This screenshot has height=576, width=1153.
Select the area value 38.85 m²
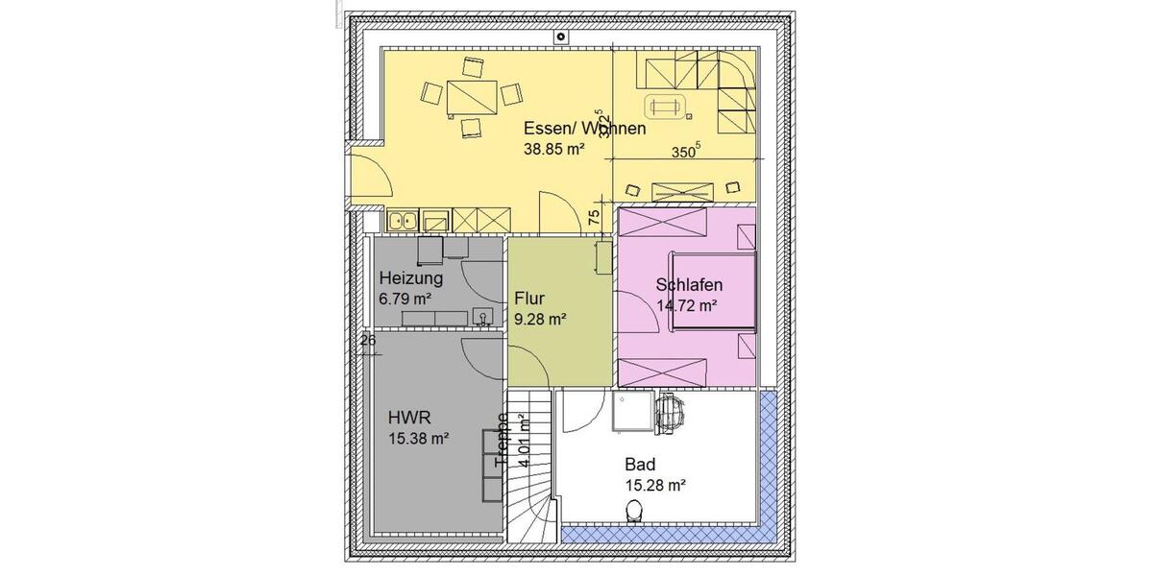point(554,149)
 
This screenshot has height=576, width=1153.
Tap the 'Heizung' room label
point(410,279)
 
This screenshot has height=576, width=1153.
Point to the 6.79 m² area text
point(405,299)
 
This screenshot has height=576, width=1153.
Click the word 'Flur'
point(529,298)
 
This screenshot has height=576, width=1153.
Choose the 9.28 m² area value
point(539,319)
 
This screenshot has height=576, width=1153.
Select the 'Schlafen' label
point(689,285)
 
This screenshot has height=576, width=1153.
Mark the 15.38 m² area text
point(419,439)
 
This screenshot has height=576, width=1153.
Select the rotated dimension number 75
point(594,218)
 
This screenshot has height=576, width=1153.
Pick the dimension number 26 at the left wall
point(367,339)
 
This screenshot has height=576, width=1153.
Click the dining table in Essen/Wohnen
point(472,97)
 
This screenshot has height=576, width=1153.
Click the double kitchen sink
point(402,221)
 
